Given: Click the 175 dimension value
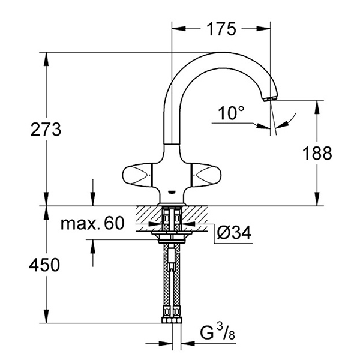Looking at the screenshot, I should click(220, 28).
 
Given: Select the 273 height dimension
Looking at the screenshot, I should click(45, 130).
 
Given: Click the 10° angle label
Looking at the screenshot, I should click(232, 112).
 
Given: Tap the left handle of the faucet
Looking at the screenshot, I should click(137, 176).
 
